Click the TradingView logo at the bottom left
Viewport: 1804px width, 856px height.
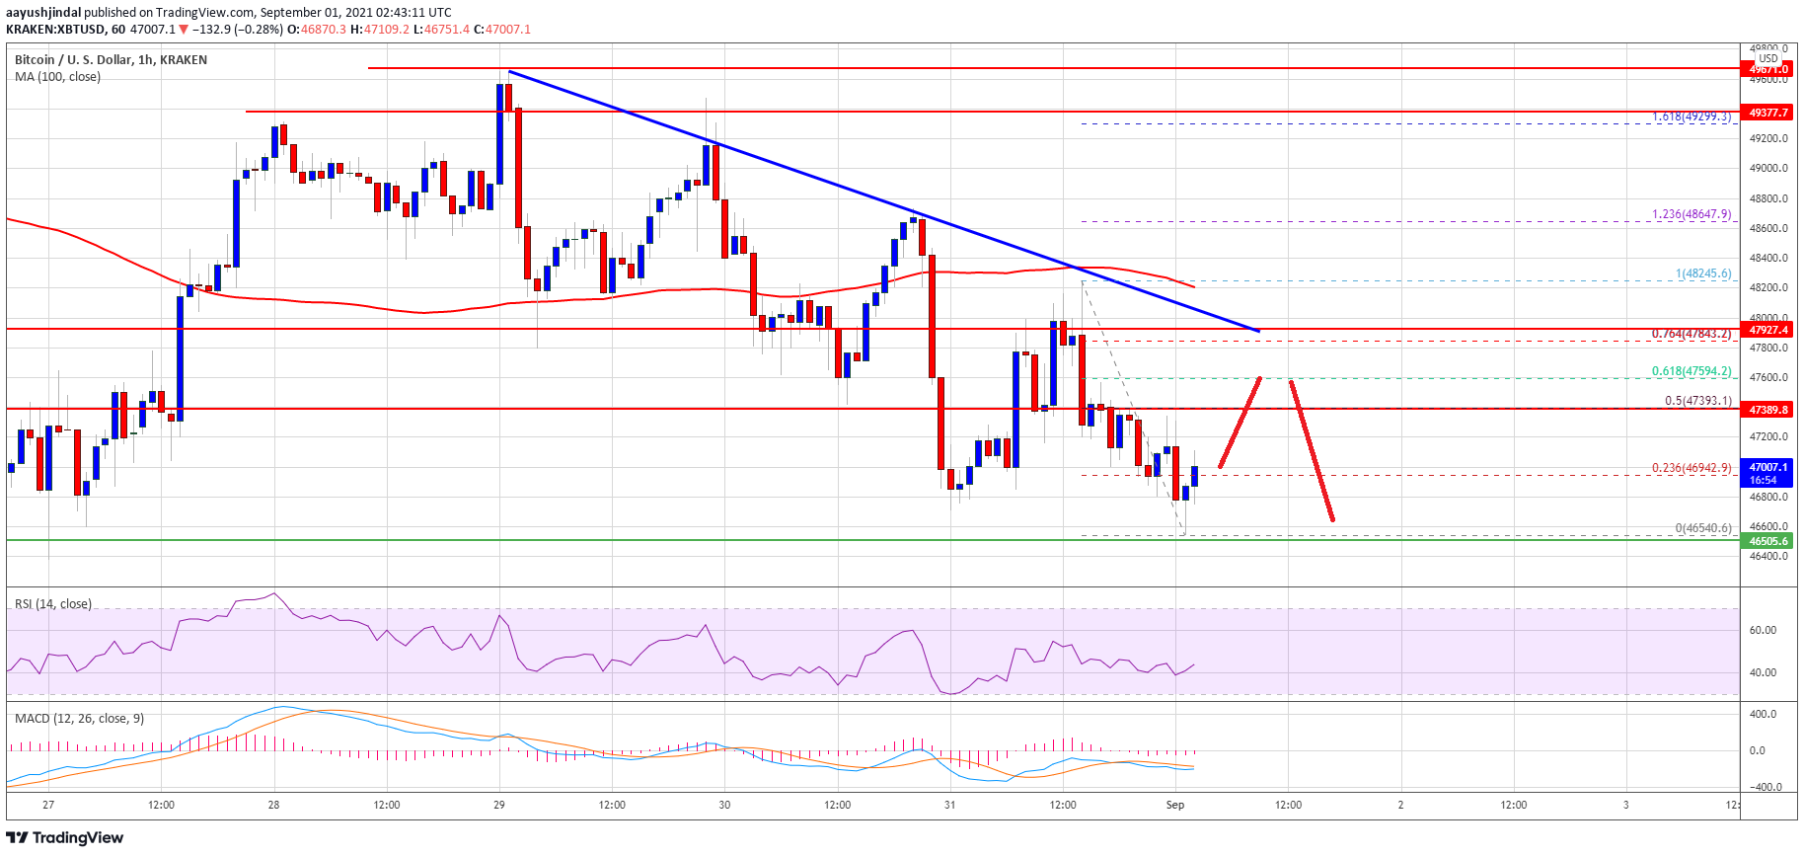(65, 838)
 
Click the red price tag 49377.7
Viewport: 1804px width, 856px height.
(1768, 113)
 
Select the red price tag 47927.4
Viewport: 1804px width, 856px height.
(1768, 330)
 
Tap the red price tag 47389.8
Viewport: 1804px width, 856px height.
(1768, 410)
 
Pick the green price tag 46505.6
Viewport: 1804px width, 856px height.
(1768, 541)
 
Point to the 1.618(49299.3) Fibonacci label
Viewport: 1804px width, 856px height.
(1691, 117)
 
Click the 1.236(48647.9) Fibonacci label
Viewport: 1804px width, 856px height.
(1691, 214)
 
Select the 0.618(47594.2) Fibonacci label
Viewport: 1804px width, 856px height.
(1691, 371)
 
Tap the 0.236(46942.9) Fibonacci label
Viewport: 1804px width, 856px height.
(1691, 468)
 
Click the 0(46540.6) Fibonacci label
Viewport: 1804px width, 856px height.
(1702, 528)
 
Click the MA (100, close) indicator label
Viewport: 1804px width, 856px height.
(57, 77)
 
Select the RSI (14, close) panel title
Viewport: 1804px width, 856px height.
(53, 604)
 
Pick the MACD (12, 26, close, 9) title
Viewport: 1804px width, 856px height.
(79, 719)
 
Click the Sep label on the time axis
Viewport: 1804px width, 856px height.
(1174, 805)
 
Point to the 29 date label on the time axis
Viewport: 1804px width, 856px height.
(499, 805)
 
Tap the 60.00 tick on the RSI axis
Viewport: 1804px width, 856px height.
(1763, 630)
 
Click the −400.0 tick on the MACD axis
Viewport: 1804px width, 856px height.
(1763, 787)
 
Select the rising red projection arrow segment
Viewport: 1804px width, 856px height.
(1240, 422)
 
